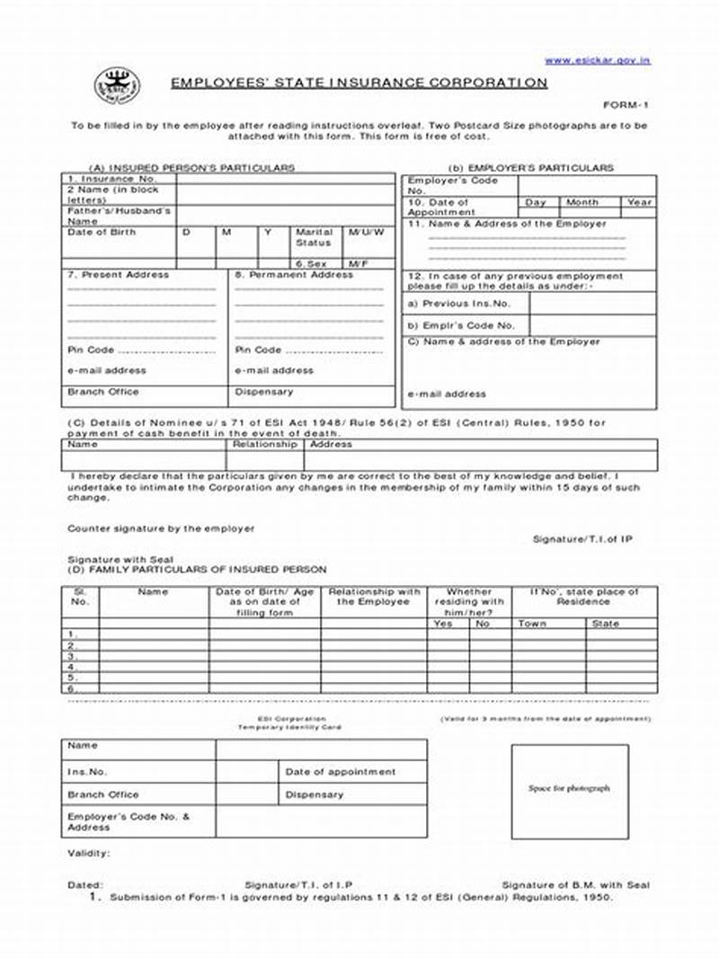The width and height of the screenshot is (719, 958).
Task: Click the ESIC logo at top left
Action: coord(118,86)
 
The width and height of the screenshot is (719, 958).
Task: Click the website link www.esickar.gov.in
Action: coord(597,60)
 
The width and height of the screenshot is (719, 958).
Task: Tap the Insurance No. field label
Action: coord(101,179)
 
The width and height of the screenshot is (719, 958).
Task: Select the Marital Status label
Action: coord(314,237)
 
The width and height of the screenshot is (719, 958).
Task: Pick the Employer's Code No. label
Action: coord(452,185)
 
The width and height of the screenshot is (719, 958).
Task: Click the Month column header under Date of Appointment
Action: coord(582,202)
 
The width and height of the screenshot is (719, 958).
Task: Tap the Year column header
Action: coord(639,202)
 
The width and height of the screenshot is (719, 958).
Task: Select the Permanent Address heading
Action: coord(294,275)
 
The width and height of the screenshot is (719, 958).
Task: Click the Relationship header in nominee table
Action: coord(264,444)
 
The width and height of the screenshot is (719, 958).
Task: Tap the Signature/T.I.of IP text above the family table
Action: coord(582,538)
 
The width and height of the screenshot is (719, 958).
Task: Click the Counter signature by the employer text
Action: coord(161,528)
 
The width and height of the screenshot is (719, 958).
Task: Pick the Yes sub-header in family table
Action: coord(443,623)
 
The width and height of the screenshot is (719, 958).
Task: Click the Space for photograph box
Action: coord(569,789)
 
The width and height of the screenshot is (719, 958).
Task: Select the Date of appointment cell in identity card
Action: coord(340,772)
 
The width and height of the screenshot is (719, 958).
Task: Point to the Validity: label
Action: coord(89,853)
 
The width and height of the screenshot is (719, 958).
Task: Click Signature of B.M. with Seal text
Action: coord(575,885)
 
